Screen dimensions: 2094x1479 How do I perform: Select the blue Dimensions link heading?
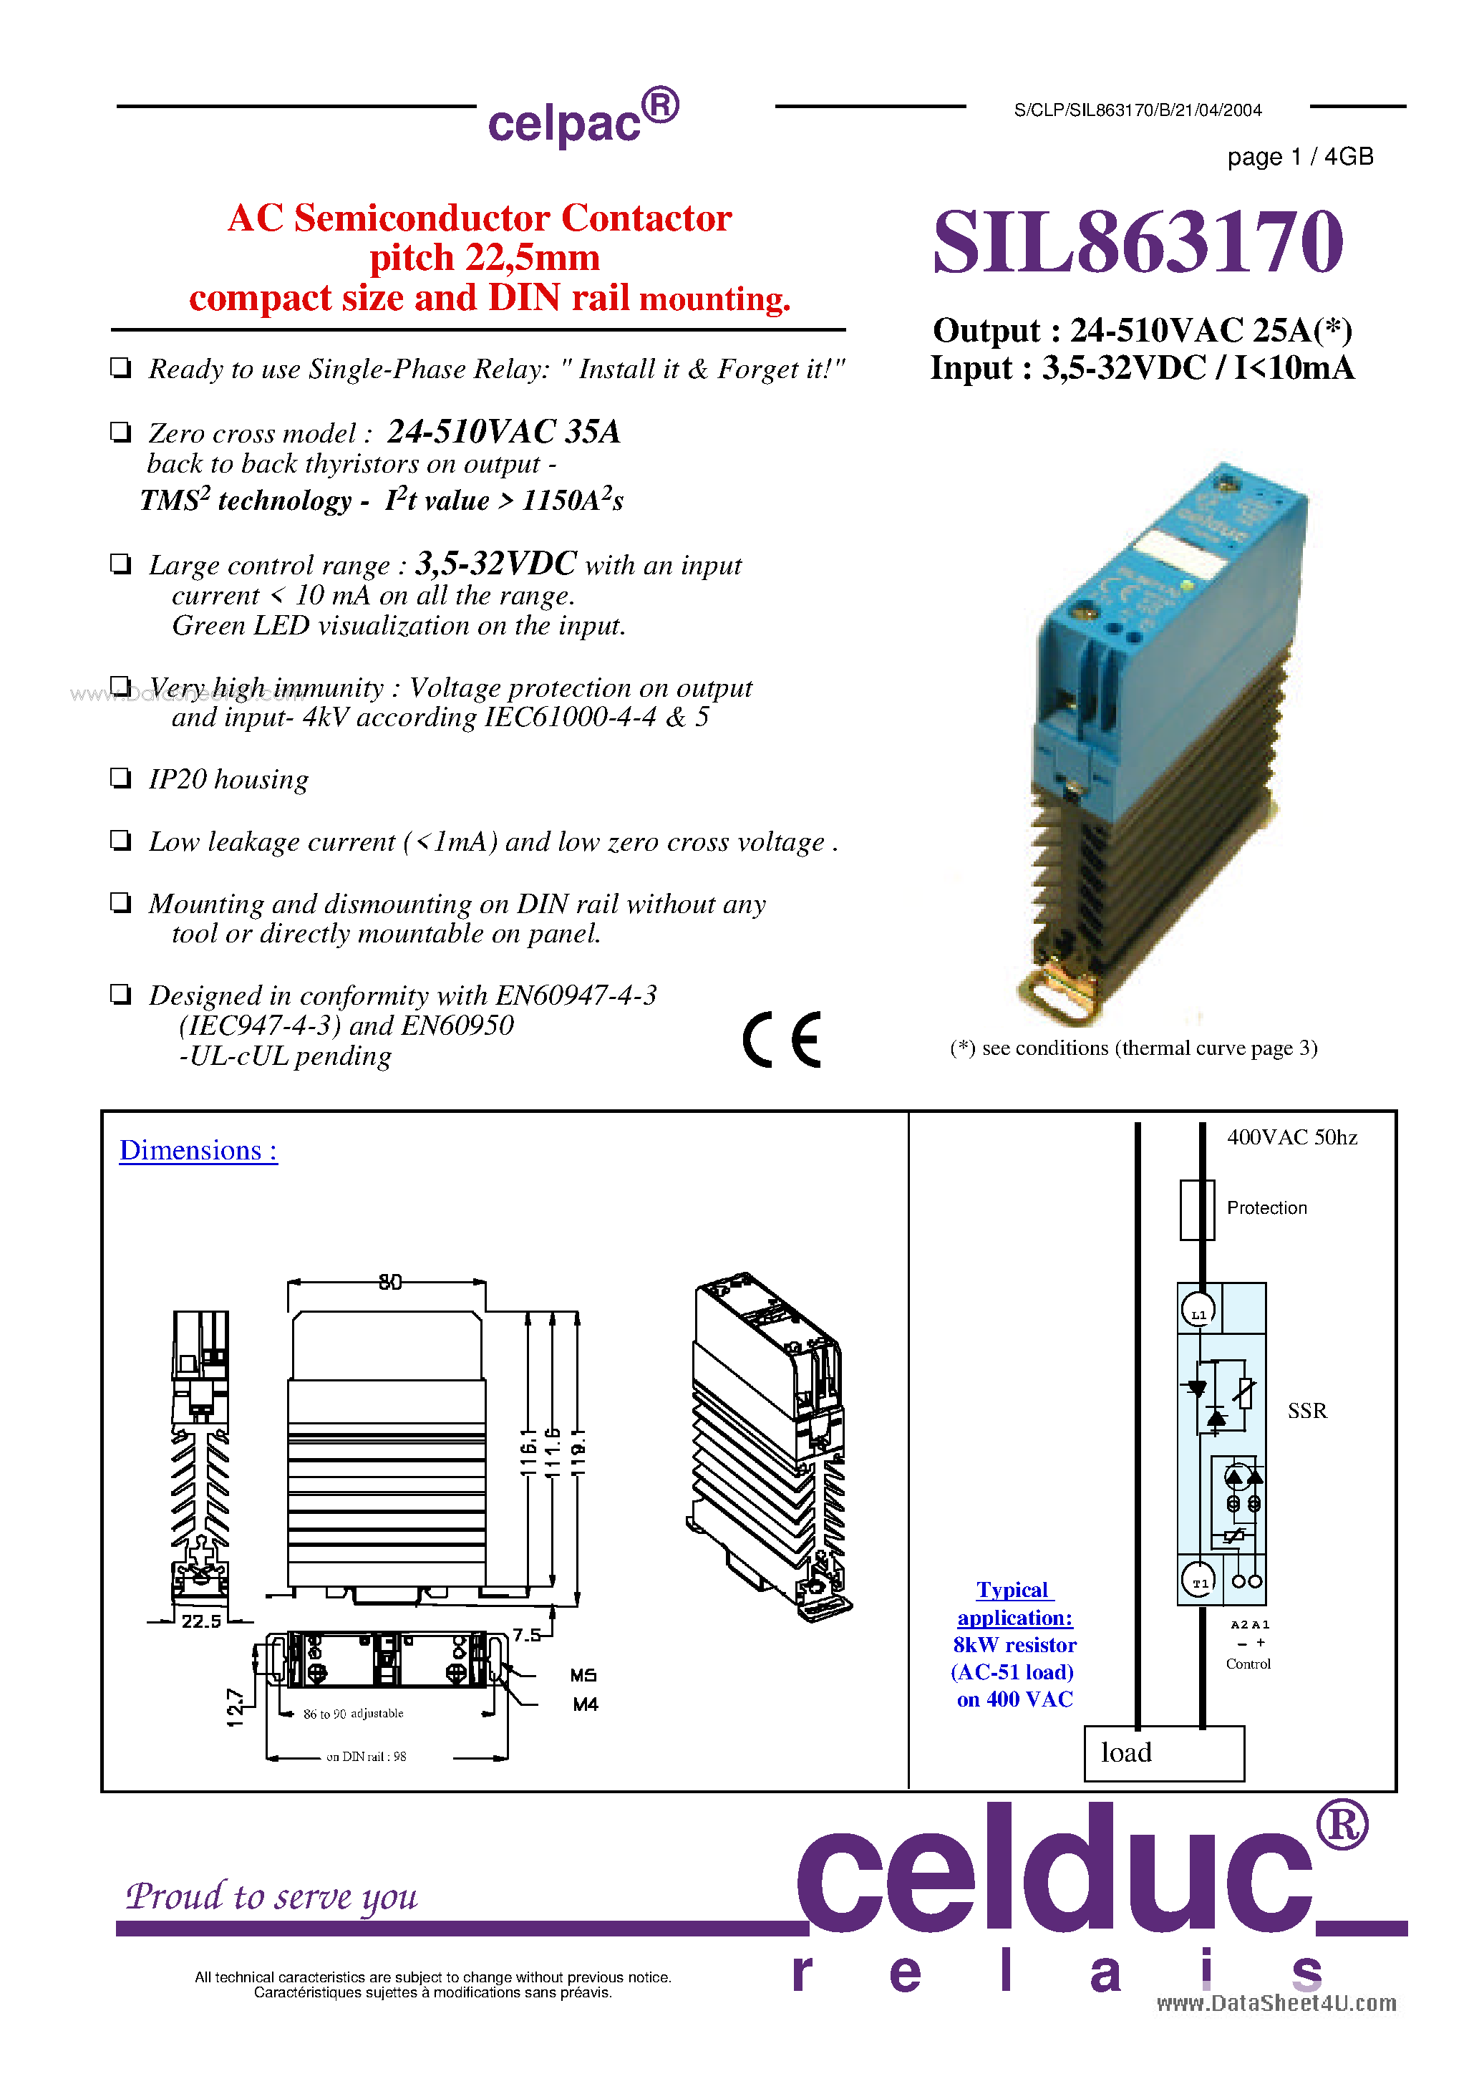click(198, 1150)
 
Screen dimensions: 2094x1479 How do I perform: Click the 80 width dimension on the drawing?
click(390, 1283)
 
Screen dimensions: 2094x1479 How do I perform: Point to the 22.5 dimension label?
click(200, 1621)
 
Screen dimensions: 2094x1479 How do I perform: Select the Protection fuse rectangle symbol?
click(1196, 1210)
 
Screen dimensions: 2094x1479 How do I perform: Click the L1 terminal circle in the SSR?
click(1199, 1313)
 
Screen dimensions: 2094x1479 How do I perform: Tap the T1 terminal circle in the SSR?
click(1199, 1583)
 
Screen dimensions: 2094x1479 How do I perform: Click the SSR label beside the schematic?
click(1306, 1411)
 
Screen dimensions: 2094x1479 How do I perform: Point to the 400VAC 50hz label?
click(1291, 1137)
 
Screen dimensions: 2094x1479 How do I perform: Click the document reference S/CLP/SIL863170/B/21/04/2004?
click(1137, 110)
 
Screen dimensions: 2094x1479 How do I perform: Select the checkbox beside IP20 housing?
click(120, 778)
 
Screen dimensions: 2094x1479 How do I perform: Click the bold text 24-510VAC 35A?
click(503, 430)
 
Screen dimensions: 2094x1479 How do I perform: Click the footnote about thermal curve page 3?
click(1133, 1048)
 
